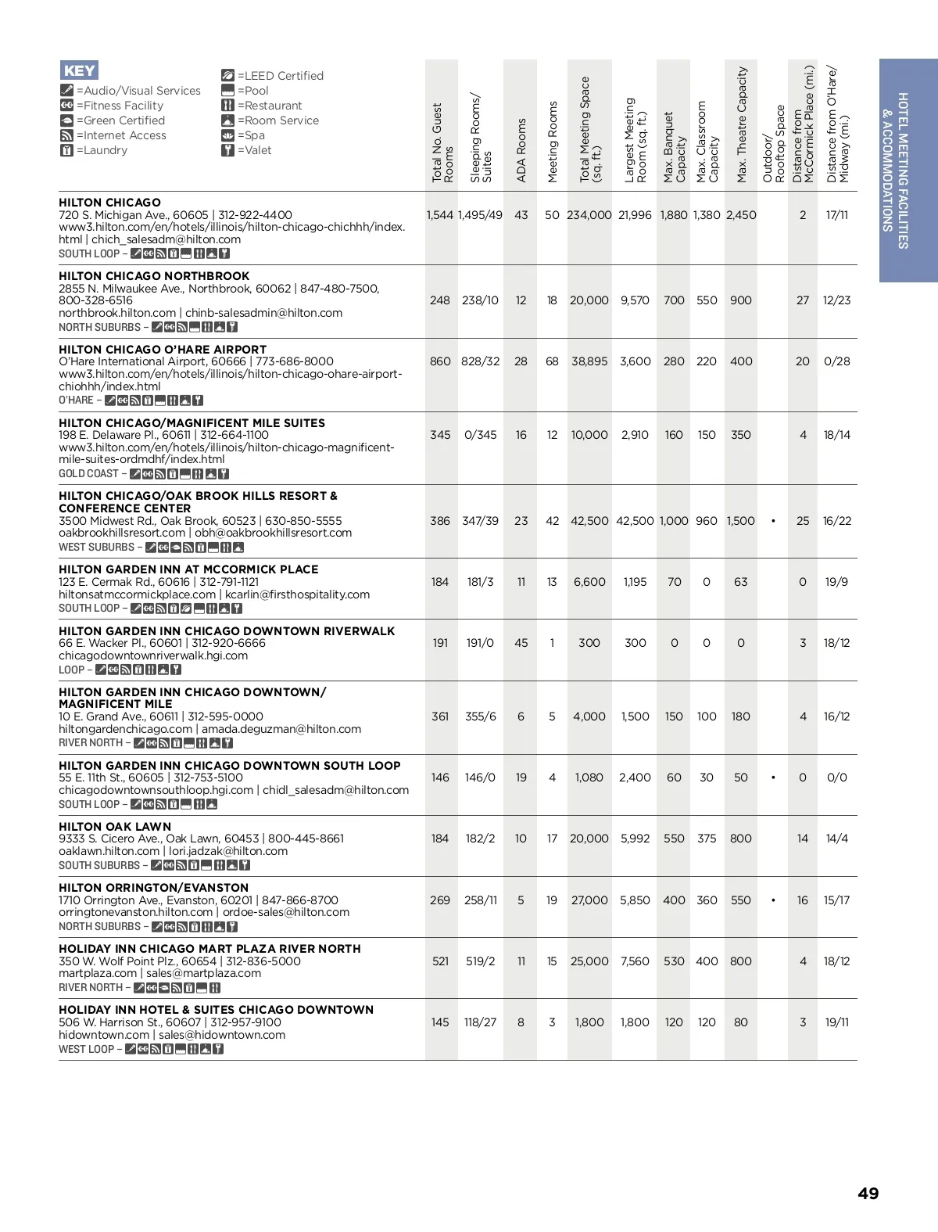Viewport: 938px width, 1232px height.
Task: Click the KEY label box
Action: [x=79, y=70]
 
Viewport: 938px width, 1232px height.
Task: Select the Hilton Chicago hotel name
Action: [x=109, y=203]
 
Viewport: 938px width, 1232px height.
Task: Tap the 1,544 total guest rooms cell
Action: [x=440, y=215]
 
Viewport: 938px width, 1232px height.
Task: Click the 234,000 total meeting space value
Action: [x=589, y=215]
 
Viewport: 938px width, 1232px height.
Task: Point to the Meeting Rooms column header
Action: [x=553, y=142]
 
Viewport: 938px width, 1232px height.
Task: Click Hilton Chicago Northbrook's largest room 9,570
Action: [x=635, y=300]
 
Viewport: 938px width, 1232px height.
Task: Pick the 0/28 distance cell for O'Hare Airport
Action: [x=836, y=361]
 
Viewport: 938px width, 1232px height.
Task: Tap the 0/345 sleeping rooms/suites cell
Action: [x=480, y=435]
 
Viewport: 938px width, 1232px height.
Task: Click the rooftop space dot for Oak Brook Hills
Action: [x=773, y=521]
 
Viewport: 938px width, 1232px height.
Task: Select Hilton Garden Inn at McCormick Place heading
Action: [x=188, y=569]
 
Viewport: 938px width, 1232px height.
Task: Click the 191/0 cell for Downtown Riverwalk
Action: [x=480, y=643]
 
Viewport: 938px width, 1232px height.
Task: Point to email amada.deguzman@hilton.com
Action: [x=281, y=729]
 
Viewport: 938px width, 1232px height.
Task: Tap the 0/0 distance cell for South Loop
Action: [x=836, y=778]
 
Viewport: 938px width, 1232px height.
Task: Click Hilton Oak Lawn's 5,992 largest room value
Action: [x=635, y=839]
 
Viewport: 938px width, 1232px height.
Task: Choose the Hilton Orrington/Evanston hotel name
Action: [x=153, y=888]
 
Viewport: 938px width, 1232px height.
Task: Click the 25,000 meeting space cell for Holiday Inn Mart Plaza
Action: [x=589, y=961]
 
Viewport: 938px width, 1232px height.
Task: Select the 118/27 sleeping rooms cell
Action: [x=480, y=1022]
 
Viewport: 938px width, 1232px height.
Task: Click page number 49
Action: [x=868, y=1194]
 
